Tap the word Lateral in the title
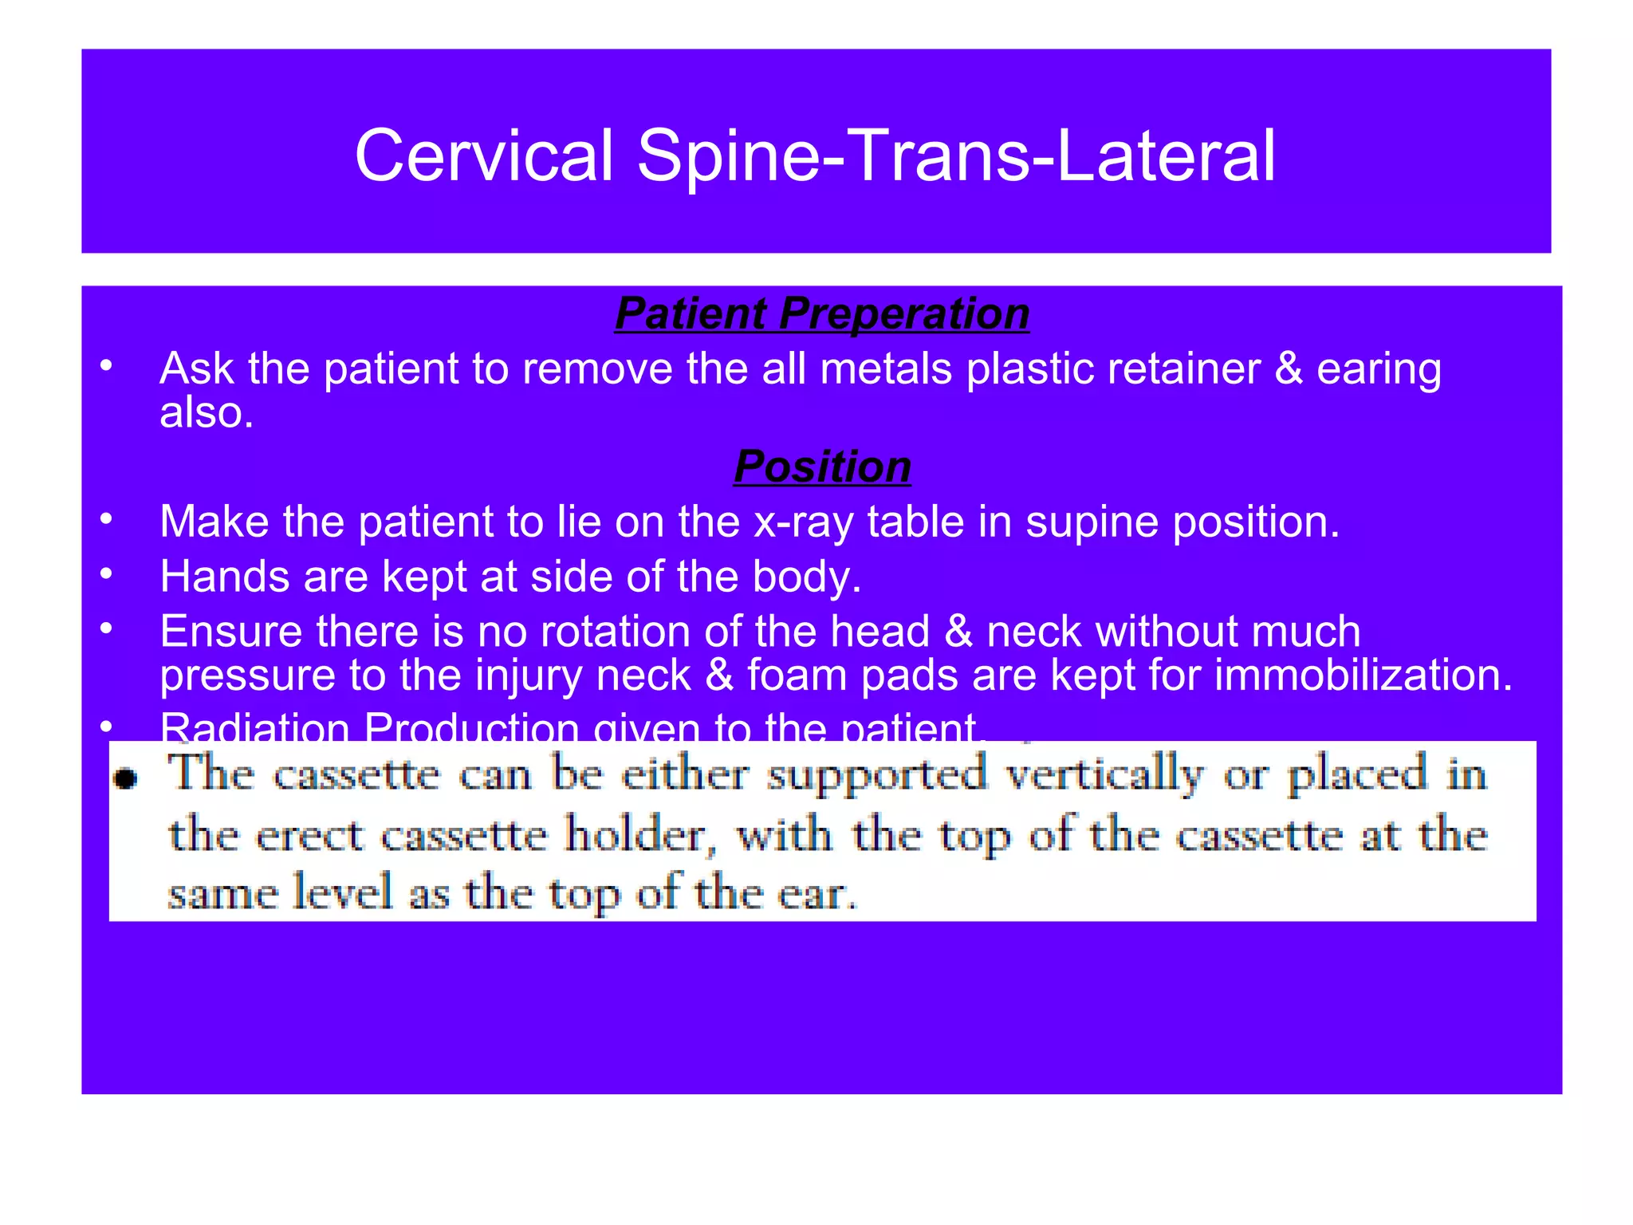[1165, 156]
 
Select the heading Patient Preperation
[822, 313]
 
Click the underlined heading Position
[822, 467]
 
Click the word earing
[1379, 369]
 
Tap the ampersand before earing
[1289, 369]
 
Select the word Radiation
[254, 727]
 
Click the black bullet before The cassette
[126, 778]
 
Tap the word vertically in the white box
[1104, 774]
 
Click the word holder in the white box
[639, 836]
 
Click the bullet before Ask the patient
[106, 367]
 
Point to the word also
[206, 413]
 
